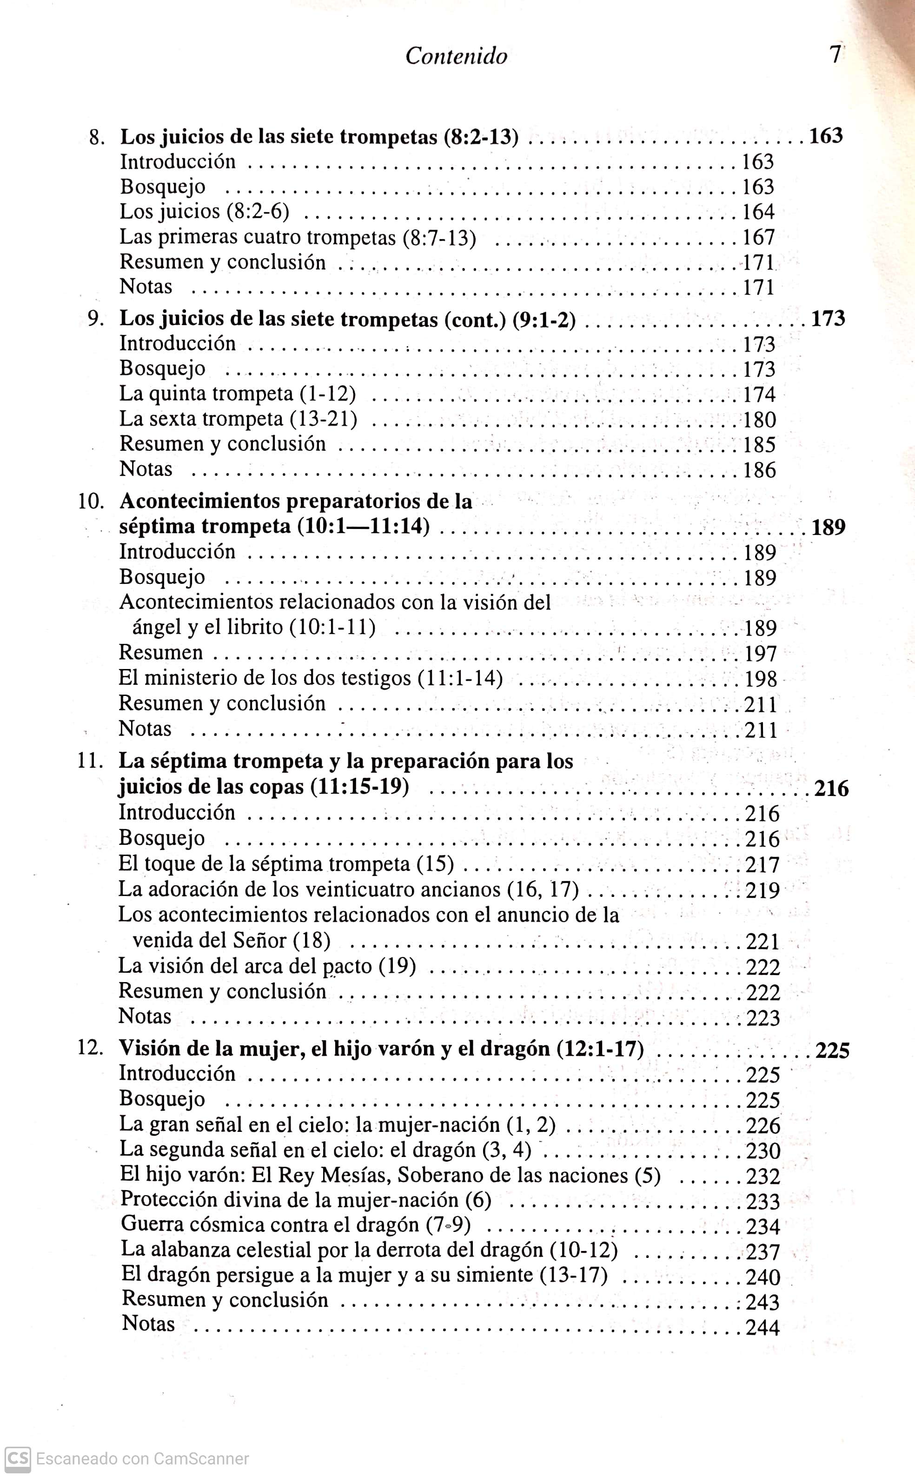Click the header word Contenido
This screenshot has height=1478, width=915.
456,56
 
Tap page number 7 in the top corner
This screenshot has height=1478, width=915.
835,55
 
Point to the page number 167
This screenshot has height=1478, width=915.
759,237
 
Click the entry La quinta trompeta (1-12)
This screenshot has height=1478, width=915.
237,394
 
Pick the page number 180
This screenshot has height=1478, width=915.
759,420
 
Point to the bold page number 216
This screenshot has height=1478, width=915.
831,789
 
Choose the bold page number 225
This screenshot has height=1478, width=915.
833,1050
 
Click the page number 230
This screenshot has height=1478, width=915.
763,1151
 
